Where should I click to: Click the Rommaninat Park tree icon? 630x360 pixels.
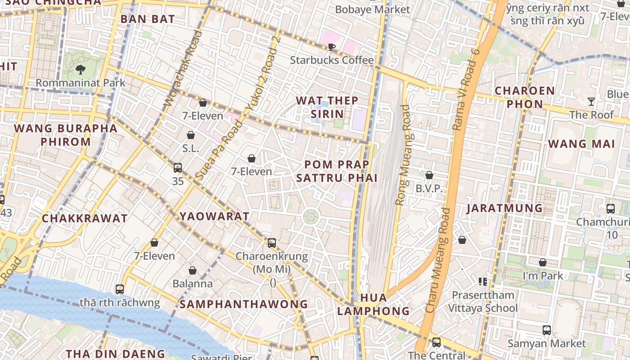[x=81, y=69]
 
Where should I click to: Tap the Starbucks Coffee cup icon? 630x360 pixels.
[x=332, y=47]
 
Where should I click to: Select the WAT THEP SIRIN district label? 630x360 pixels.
[x=327, y=107]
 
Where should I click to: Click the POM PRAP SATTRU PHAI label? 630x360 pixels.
[x=337, y=171]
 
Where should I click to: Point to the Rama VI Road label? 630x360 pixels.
[x=467, y=90]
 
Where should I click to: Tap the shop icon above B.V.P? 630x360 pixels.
[x=429, y=175]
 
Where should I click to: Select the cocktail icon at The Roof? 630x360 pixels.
[x=591, y=102]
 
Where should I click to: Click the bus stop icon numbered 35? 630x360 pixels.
[x=178, y=168]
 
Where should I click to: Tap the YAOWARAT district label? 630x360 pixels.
[x=215, y=216]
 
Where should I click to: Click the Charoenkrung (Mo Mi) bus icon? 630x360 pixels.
[x=272, y=243]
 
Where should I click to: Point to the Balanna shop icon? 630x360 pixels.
[x=193, y=270]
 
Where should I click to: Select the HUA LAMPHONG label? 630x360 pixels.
[x=373, y=304]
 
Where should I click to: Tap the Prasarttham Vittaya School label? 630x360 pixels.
[x=483, y=301]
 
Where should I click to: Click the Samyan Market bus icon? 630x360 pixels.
[x=547, y=330]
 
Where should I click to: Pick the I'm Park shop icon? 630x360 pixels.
[x=543, y=262]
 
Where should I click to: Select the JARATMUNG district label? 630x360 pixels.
[x=504, y=208]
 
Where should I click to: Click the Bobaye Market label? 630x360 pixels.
[x=373, y=9]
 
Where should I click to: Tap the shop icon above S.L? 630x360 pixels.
[x=191, y=135]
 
